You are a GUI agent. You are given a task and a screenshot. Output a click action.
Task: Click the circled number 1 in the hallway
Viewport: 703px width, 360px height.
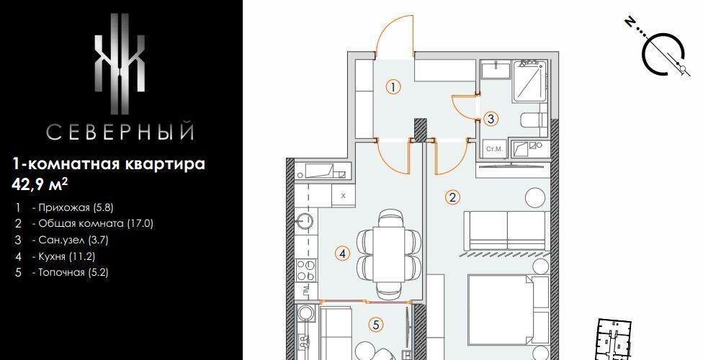coord(393,86)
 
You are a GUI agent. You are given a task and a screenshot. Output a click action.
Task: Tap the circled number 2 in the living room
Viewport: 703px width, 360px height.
coord(452,197)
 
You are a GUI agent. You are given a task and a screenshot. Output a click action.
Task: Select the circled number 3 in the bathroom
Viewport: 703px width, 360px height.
coord(491,119)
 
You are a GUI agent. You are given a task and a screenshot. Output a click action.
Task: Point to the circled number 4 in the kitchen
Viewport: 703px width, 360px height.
coord(343,253)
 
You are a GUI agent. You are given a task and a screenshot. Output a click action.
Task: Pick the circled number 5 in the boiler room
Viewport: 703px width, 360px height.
coord(376,325)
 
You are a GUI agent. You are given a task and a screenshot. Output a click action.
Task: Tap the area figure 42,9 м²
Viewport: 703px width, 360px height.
coord(43,184)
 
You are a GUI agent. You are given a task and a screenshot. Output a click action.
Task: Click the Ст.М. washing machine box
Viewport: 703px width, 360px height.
coord(495,149)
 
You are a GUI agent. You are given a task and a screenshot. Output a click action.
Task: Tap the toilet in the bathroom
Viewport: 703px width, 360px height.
coord(534,120)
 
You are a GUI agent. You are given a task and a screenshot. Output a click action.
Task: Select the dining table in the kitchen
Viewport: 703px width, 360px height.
coord(389,254)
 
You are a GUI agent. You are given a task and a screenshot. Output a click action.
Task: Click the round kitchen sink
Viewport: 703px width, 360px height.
coord(307,221)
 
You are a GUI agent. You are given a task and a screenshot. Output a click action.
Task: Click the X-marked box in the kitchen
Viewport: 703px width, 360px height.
coord(344,195)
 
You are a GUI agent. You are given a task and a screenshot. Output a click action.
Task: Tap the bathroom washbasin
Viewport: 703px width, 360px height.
coord(496,70)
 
